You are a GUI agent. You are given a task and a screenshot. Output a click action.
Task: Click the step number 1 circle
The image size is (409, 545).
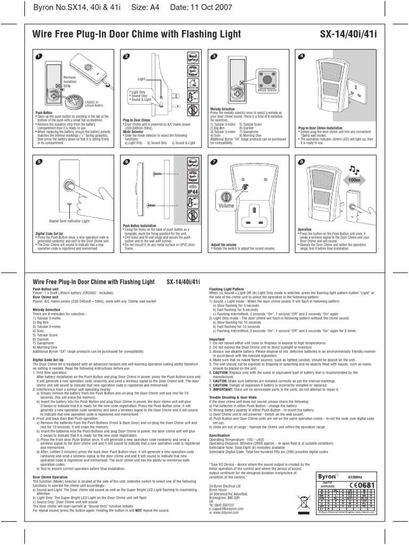[38, 56]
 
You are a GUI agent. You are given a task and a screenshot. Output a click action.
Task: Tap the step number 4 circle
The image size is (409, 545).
[301, 56]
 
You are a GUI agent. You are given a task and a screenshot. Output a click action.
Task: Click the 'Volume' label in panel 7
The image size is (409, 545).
[226, 204]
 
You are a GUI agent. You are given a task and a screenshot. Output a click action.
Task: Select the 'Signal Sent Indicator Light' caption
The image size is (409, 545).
[70, 220]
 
